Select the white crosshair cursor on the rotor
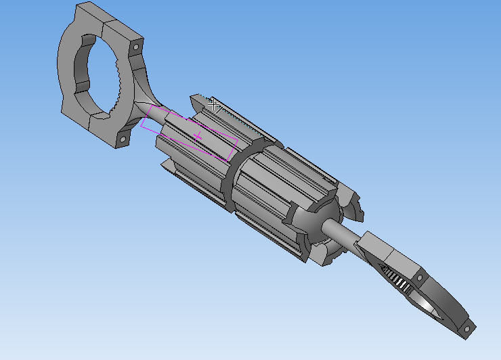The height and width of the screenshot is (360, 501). pyautogui.click(x=214, y=105)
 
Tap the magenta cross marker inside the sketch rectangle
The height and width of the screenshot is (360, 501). pyautogui.click(x=198, y=137)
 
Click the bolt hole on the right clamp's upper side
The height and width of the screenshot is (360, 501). pyautogui.click(x=420, y=277)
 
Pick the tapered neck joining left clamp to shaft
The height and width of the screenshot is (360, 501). pyautogui.click(x=146, y=108)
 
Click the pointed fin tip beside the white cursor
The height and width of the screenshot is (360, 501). pyautogui.click(x=196, y=99)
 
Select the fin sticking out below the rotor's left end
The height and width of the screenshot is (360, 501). pyautogui.click(x=167, y=165)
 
